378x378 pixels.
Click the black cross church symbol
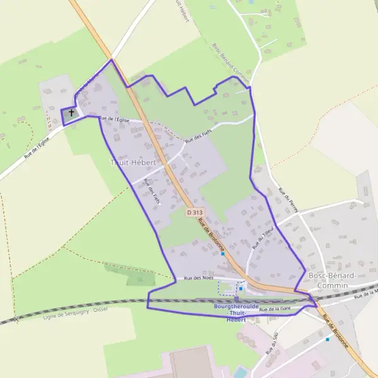(x=71, y=113)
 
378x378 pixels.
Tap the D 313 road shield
(x=195, y=213)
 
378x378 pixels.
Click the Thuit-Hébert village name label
(x=133, y=163)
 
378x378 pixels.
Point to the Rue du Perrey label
(x=287, y=200)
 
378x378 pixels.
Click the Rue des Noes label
(x=197, y=278)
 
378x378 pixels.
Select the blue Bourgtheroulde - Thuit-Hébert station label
(x=230, y=313)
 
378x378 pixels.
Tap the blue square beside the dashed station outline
(x=240, y=289)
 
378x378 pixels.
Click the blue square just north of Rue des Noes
(x=223, y=254)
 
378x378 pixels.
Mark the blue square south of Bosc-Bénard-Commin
(x=327, y=339)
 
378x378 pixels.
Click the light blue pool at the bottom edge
(x=240, y=372)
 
